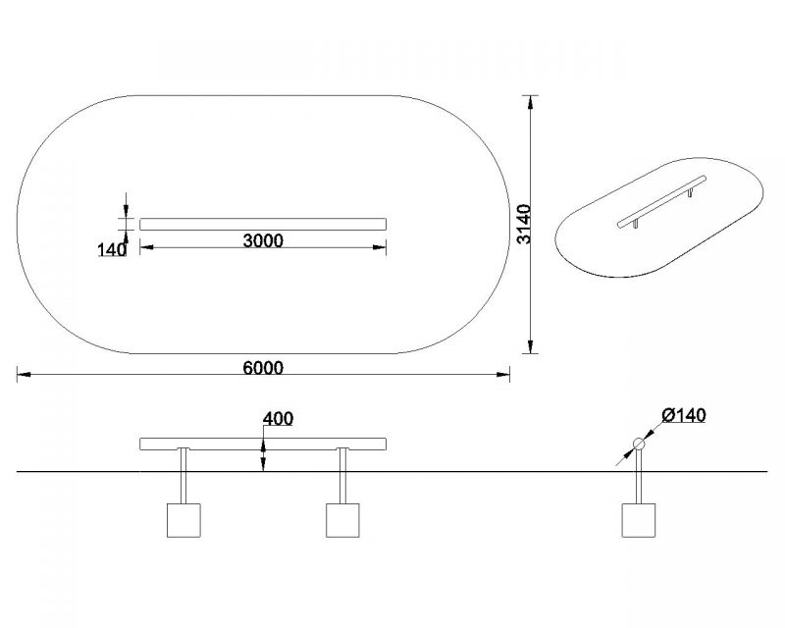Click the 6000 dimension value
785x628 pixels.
tap(262, 368)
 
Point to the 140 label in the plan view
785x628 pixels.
tap(112, 250)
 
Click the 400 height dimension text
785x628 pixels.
tap(279, 420)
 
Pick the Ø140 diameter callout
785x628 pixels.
tap(684, 416)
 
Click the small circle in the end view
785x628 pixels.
tap(640, 444)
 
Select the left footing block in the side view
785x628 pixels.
tap(183, 520)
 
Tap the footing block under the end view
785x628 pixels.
tap(640, 520)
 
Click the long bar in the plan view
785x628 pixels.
tap(263, 224)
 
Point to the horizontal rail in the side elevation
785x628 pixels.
tap(263, 444)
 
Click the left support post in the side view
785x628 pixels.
tap(183, 476)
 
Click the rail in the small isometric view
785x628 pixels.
tap(662, 201)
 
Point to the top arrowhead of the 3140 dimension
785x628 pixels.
tap(531, 100)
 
